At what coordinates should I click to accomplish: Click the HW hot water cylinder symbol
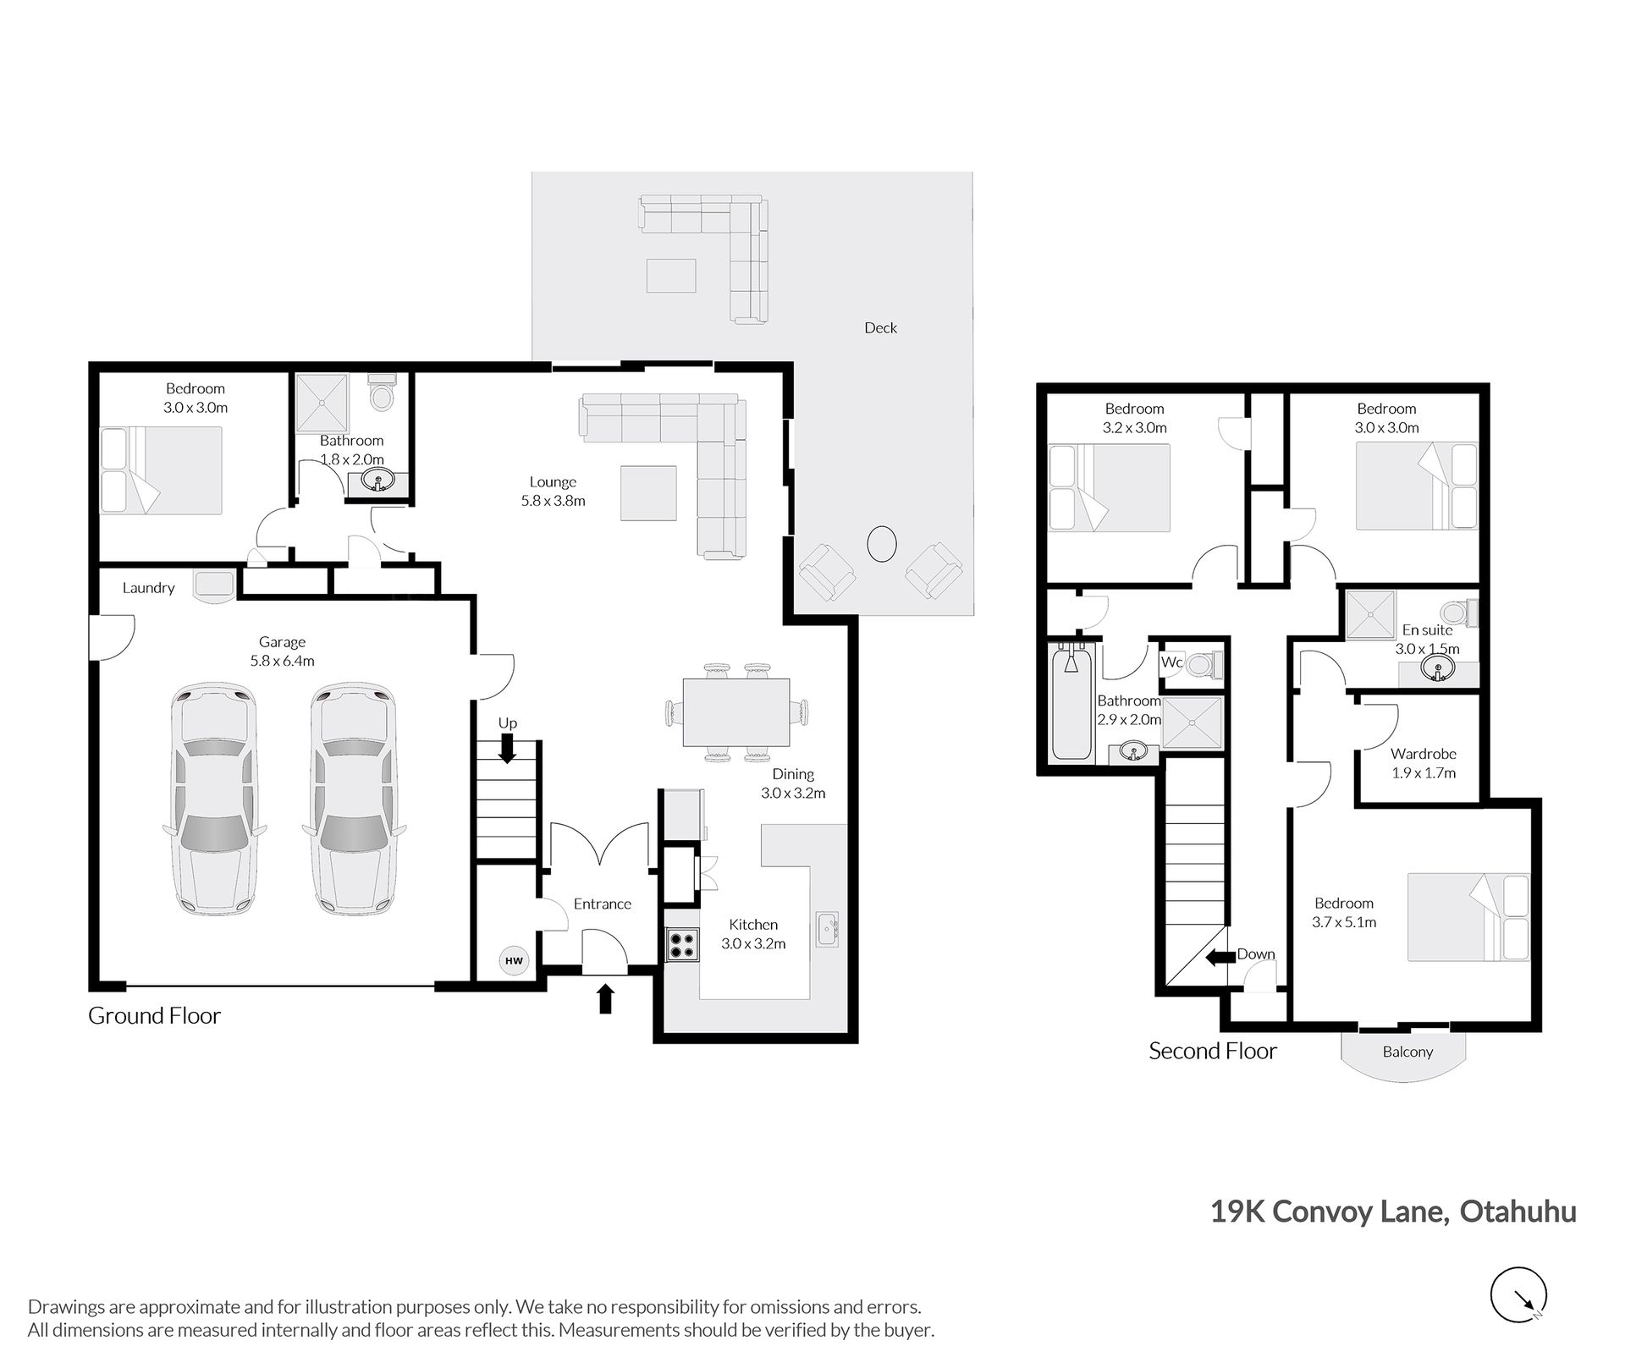coord(514,960)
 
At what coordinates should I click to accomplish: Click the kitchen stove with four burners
coord(683,944)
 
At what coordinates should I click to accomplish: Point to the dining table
coord(735,712)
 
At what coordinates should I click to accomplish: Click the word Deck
coord(880,327)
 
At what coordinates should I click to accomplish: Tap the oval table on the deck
coord(882,543)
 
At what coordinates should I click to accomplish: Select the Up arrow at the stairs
coord(507,748)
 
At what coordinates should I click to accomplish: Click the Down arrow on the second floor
coord(1220,958)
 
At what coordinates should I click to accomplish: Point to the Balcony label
coord(1407,1052)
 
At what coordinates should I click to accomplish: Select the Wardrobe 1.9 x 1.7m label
coord(1424,763)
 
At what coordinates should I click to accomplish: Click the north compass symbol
coord(1518,1294)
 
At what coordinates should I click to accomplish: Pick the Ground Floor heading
coord(154,1015)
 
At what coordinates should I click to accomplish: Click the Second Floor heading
coord(1213,1051)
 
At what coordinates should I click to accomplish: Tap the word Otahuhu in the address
coord(1518,1211)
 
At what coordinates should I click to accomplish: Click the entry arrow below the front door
coord(605,998)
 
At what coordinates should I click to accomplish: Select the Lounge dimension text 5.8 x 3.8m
coord(553,500)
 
